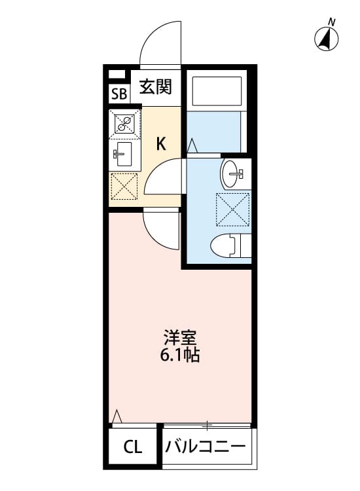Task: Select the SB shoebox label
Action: tap(118, 94)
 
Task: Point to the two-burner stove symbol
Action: tap(125, 122)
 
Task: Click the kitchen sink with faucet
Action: tap(124, 155)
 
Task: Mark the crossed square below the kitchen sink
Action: tap(124, 187)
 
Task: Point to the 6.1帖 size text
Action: tap(180, 356)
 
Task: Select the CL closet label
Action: tap(132, 448)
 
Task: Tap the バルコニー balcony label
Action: tap(206, 448)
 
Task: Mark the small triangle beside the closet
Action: tap(117, 416)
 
